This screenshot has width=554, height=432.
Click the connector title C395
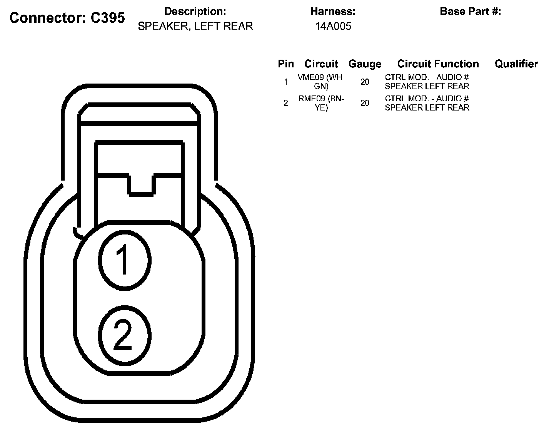pyautogui.click(x=67, y=18)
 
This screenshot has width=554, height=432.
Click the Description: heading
pyautogui.click(x=195, y=12)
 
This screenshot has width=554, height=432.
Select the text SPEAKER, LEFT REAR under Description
pyautogui.click(x=195, y=26)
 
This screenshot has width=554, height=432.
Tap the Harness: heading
pyautogui.click(x=333, y=12)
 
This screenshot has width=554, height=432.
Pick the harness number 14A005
pyautogui.click(x=333, y=26)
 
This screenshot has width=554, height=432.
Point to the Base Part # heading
pyautogui.click(x=470, y=12)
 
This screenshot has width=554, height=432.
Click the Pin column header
pyautogui.click(x=285, y=64)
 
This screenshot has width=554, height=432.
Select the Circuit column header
pyautogui.click(x=321, y=64)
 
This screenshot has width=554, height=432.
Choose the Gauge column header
pyautogui.click(x=365, y=64)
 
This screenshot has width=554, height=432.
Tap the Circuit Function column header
pyautogui.click(x=438, y=64)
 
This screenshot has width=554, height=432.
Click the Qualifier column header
pyautogui.click(x=516, y=64)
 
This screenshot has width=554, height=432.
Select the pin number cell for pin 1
pyautogui.click(x=285, y=82)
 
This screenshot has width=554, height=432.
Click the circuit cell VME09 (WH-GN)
pyautogui.click(x=321, y=82)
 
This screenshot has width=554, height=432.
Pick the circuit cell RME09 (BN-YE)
pyautogui.click(x=321, y=103)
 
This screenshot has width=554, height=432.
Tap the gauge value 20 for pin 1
pyautogui.click(x=365, y=82)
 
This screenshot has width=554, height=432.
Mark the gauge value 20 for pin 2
pyautogui.click(x=365, y=103)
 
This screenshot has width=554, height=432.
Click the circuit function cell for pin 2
pyautogui.click(x=427, y=103)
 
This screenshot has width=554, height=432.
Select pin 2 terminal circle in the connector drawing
pyautogui.click(x=124, y=336)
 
